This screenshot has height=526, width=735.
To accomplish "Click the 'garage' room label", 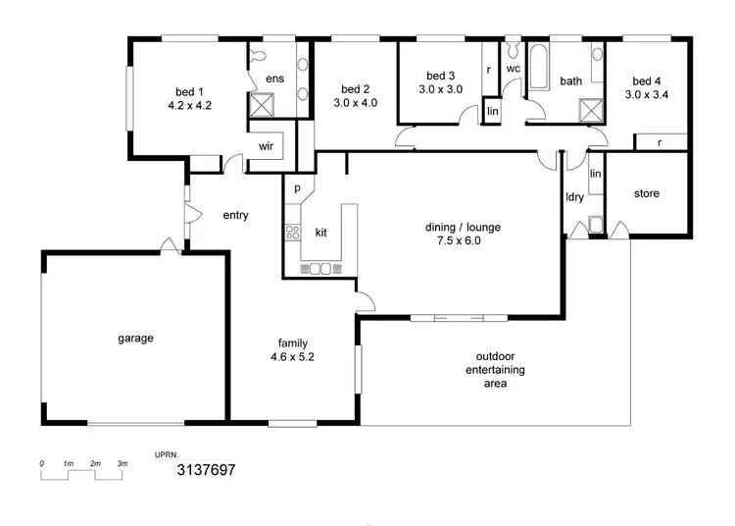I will (136, 339).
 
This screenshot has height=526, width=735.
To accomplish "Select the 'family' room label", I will (293, 342).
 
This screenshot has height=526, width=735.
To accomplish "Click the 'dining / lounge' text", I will (452, 225).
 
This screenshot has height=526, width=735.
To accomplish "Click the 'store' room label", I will (646, 193).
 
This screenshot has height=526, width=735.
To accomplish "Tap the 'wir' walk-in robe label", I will (266, 145).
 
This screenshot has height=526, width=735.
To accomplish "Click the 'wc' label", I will (513, 69).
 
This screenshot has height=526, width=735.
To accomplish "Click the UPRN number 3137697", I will (206, 470).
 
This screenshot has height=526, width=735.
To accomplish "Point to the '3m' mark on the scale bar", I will (122, 462).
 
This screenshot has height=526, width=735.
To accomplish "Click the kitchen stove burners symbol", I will (291, 233).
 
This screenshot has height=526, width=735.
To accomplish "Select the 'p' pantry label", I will (296, 184).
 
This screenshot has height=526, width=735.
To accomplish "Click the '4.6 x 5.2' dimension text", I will (293, 357).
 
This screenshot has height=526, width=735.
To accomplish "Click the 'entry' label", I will (235, 215).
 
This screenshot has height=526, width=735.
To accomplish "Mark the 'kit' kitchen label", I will (320, 233).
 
